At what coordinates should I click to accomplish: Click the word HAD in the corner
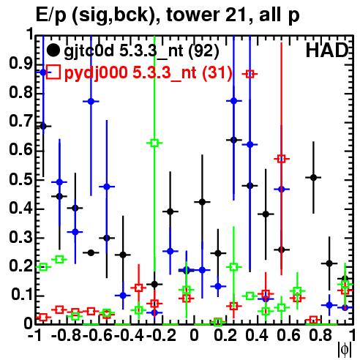click(x=327, y=50)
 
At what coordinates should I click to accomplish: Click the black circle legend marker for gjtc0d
click(x=53, y=50)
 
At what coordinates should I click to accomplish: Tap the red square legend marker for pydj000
click(x=53, y=72)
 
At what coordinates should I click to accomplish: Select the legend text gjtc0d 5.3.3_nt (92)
click(x=141, y=51)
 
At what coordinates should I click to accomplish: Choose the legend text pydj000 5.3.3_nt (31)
click(x=149, y=72)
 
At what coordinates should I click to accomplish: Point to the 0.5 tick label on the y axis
click(x=20, y=180)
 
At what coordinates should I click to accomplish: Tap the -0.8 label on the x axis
click(x=66, y=335)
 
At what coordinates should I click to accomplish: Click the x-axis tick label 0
click(x=194, y=335)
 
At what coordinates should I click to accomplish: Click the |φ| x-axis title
click(x=345, y=350)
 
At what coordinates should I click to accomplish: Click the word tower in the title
click(x=192, y=15)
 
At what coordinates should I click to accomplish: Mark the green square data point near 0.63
click(x=154, y=143)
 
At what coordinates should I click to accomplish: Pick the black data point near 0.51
click(x=314, y=178)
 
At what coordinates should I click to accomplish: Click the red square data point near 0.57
click(x=282, y=159)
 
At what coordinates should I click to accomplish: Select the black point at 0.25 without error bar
click(x=91, y=252)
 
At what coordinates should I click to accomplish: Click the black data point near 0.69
click(x=43, y=126)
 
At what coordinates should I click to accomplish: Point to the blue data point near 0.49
click(x=59, y=182)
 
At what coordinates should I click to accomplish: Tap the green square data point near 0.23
click(x=59, y=260)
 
